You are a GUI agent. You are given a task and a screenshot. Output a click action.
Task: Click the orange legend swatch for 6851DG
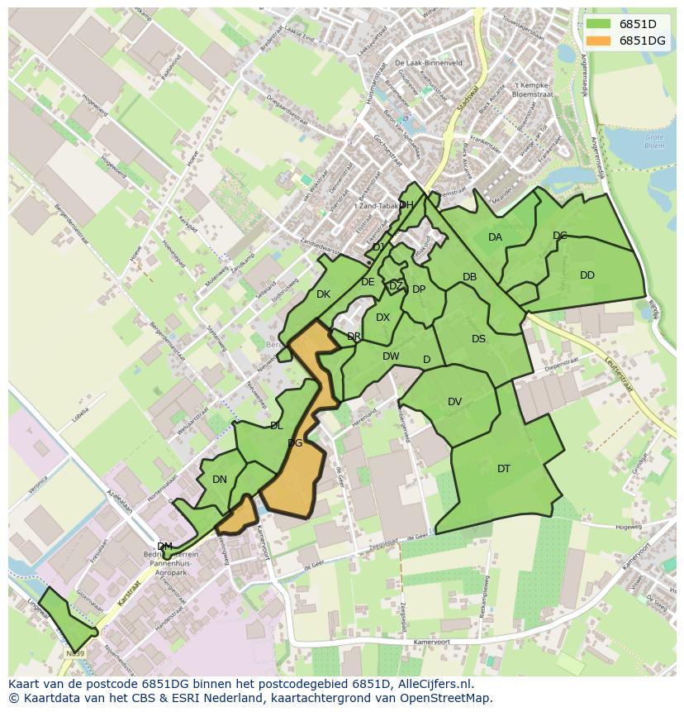[x=600, y=41]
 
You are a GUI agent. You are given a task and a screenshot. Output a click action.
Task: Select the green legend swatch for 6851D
[x=600, y=24]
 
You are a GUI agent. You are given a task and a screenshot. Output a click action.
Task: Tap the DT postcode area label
[x=504, y=469]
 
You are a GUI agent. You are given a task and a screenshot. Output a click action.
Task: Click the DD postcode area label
[x=587, y=275]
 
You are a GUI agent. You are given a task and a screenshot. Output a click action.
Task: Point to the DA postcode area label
[x=495, y=237]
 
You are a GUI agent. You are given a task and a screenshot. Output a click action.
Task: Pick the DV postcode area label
[x=454, y=402]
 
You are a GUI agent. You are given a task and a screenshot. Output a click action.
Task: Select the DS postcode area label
[x=478, y=339]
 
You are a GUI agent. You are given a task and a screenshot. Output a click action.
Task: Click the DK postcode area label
[x=323, y=294]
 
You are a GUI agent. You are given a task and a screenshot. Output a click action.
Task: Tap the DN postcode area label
[x=219, y=480]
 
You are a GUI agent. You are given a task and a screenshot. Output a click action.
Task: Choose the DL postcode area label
[x=276, y=426]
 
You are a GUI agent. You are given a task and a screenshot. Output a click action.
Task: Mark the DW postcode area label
[x=391, y=356]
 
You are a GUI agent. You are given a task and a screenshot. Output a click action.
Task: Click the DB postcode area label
[x=469, y=278]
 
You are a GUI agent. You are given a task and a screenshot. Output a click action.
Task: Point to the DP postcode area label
[x=419, y=289]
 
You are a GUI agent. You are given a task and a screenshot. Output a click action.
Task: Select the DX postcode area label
[x=382, y=318]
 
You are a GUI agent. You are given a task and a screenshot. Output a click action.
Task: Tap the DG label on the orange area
[x=295, y=443]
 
